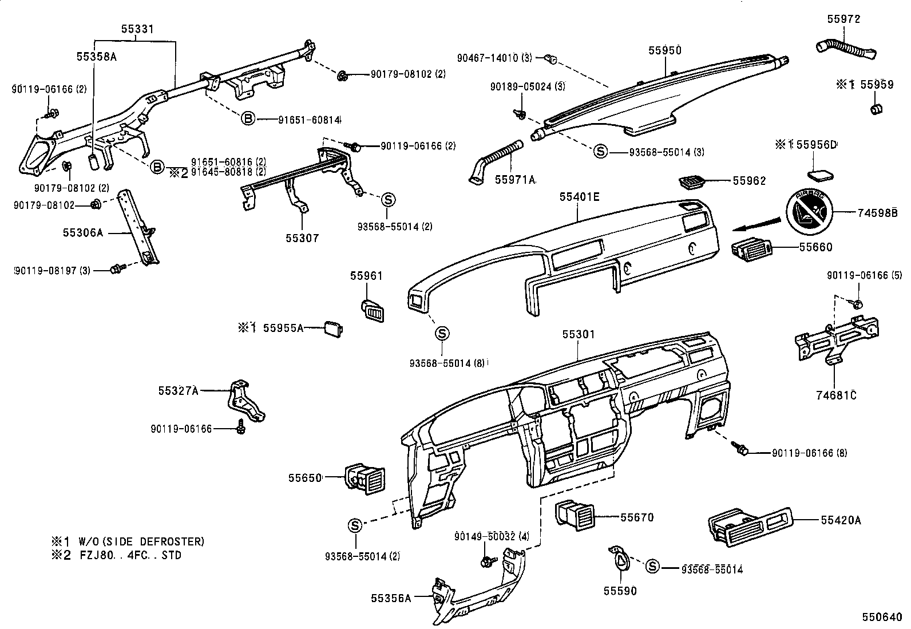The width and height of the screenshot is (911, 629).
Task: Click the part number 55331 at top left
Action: pyautogui.click(x=137, y=29)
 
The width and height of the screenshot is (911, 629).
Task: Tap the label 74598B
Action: pyautogui.click(x=876, y=213)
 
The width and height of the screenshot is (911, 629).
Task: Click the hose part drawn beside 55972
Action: pyautogui.click(x=845, y=49)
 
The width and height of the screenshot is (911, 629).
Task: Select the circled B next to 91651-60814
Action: pyautogui.click(x=247, y=119)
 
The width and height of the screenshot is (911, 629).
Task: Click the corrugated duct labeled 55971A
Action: pyautogui.click(x=496, y=159)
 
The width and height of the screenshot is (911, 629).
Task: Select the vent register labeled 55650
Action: pyautogui.click(x=365, y=478)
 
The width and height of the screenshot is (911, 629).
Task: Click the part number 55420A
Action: pyautogui.click(x=841, y=520)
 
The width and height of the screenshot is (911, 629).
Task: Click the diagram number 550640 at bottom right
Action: pyautogui.click(x=882, y=618)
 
